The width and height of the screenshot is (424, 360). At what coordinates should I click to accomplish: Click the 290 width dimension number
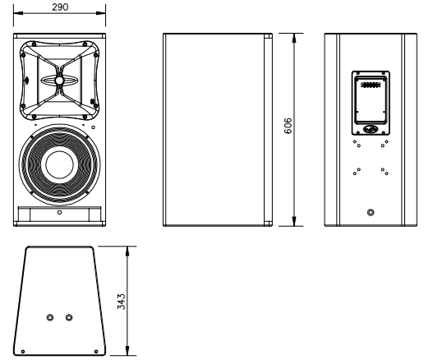(60, 7)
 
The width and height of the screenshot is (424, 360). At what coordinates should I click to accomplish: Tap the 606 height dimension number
(288, 126)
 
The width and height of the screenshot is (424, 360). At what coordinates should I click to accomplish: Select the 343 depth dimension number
(122, 302)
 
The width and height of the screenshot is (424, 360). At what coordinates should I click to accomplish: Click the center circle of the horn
(59, 81)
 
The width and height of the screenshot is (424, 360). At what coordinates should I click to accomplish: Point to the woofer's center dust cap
(59, 164)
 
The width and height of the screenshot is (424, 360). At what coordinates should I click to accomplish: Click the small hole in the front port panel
(59, 212)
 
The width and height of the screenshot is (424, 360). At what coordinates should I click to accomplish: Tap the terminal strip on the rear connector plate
(371, 85)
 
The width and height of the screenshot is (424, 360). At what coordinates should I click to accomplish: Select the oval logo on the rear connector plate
(371, 129)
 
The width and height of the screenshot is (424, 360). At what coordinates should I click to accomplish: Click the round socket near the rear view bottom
(371, 212)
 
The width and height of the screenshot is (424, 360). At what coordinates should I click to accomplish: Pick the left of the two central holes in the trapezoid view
(50, 317)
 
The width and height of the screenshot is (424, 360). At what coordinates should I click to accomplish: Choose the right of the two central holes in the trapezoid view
(69, 317)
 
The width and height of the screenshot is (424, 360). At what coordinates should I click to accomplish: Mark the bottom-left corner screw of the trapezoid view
(23, 352)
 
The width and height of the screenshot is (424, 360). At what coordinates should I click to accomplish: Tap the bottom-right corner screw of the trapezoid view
(96, 352)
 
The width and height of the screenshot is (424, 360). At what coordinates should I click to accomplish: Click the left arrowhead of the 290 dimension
(18, 13)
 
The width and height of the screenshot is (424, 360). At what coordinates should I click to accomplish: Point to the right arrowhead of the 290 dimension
(101, 13)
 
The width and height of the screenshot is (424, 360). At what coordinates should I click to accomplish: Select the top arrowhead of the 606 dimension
(294, 38)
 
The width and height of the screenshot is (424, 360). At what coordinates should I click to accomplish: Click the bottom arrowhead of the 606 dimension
(294, 221)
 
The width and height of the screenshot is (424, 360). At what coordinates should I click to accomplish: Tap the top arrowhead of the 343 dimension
(127, 251)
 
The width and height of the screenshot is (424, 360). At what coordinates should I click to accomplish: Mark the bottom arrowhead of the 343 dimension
(127, 351)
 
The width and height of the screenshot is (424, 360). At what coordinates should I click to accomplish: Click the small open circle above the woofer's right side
(93, 127)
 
